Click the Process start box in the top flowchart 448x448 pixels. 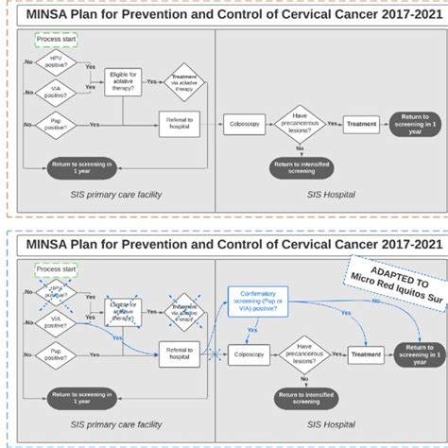point(56,40)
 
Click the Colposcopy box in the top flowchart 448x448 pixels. point(245,123)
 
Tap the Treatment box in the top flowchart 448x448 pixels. point(362,123)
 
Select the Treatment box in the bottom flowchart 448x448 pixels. point(366,354)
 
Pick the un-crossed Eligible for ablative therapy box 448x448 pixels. point(124,81)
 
